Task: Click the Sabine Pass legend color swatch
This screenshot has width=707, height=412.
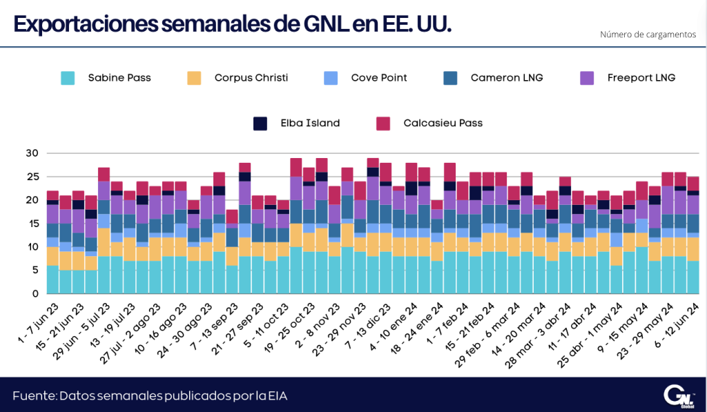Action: pos(68,78)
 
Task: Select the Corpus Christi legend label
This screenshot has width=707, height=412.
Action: pos(251,77)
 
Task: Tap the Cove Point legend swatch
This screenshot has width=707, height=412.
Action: pos(331,78)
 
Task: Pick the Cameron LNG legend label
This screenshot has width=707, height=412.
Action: pos(507,77)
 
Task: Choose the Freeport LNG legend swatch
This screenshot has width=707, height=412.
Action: pos(587,78)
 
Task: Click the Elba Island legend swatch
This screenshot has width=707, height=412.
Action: pos(260,124)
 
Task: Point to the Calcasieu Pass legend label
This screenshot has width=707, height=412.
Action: pos(443,123)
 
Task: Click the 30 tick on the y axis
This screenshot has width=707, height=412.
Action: pos(32,153)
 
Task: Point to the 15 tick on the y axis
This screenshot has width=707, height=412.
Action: pos(32,224)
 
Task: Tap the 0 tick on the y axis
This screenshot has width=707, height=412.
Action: pos(35,294)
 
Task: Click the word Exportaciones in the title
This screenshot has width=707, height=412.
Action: pos(85,24)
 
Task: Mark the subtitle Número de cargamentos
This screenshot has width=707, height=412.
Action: pos(648,35)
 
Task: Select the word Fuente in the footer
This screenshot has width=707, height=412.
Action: pos(34,396)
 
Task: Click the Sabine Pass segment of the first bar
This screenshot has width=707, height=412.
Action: pos(52,279)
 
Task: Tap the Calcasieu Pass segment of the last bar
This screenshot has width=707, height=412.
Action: pos(693,184)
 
